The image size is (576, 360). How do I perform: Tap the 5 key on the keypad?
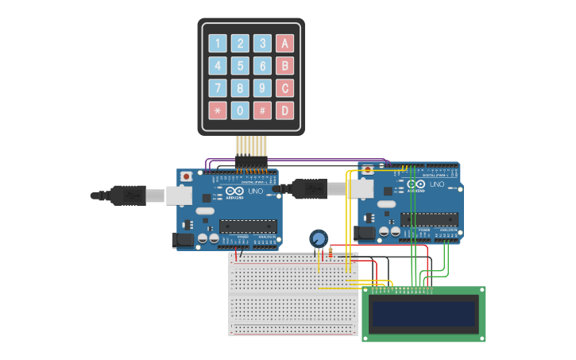pyautogui.click(x=240, y=65)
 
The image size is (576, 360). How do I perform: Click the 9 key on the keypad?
pyautogui.click(x=262, y=87)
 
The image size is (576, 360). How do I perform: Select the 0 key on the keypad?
pyautogui.click(x=240, y=110)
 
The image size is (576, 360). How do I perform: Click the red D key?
pyautogui.click(x=284, y=110)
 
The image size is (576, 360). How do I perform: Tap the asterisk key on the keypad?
pyautogui.click(x=218, y=110)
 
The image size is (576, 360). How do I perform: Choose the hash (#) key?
pyautogui.click(x=262, y=110)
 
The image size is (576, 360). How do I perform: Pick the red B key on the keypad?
pyautogui.click(x=284, y=65)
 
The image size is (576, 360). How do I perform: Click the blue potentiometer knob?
pyautogui.click(x=319, y=238)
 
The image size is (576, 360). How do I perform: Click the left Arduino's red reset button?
pyautogui.click(x=186, y=176)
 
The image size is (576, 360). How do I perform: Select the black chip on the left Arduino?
pyautogui.click(x=248, y=226)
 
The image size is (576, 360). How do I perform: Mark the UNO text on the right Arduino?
pyautogui.click(x=437, y=184)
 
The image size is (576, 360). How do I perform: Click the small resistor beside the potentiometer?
pyautogui.click(x=331, y=253)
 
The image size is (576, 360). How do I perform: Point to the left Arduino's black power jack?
pyautogui.click(x=183, y=240)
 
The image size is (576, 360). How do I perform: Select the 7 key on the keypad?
pyautogui.click(x=218, y=87)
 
